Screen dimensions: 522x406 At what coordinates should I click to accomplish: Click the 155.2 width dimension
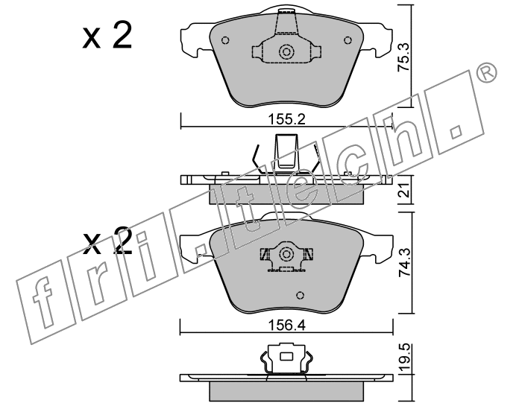point(286,119)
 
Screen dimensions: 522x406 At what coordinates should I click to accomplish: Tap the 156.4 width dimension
point(286,326)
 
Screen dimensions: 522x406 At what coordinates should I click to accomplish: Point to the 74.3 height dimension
point(404,261)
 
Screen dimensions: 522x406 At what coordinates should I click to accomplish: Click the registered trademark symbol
point(487,73)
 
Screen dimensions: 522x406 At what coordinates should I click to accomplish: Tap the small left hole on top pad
point(225,40)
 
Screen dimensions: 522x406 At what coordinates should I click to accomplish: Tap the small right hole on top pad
point(348,40)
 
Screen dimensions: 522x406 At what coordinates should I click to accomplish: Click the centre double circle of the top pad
point(286,52)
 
